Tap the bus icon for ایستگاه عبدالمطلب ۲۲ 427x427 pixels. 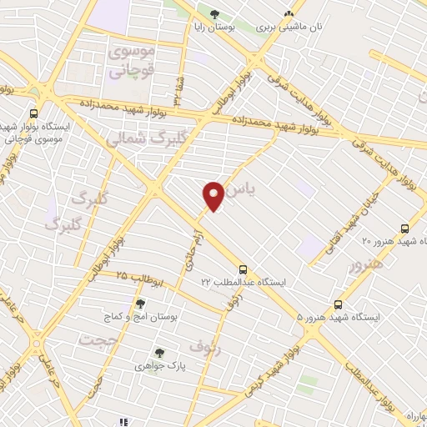(244, 269)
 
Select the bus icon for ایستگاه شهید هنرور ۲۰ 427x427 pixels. (404, 229)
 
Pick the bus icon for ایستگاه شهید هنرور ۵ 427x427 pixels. (339, 304)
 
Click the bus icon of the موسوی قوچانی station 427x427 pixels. (33, 113)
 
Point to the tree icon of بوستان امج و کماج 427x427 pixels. (139, 302)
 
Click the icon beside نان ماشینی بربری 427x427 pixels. (289, 14)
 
